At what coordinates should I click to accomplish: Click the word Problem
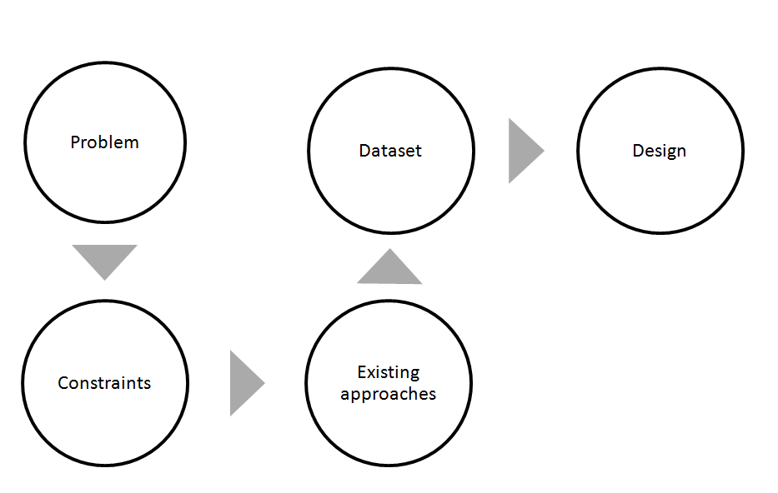[x=104, y=142]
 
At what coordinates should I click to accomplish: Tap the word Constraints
[x=104, y=383]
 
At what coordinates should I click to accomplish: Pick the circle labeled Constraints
[x=104, y=425]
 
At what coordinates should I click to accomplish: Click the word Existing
[x=388, y=371]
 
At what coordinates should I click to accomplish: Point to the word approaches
[x=388, y=394]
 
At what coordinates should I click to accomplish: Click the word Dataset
[x=390, y=151]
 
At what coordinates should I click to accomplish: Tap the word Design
[x=659, y=151]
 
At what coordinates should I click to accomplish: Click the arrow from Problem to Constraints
[x=104, y=258]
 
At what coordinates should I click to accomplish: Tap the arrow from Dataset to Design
[x=523, y=151]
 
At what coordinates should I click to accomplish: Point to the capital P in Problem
[x=75, y=142]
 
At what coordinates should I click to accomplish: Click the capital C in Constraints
[x=63, y=383]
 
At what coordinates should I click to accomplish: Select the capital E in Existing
[x=361, y=371]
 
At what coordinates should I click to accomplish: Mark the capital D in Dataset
[x=364, y=151]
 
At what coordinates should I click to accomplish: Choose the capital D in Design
[x=637, y=151]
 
